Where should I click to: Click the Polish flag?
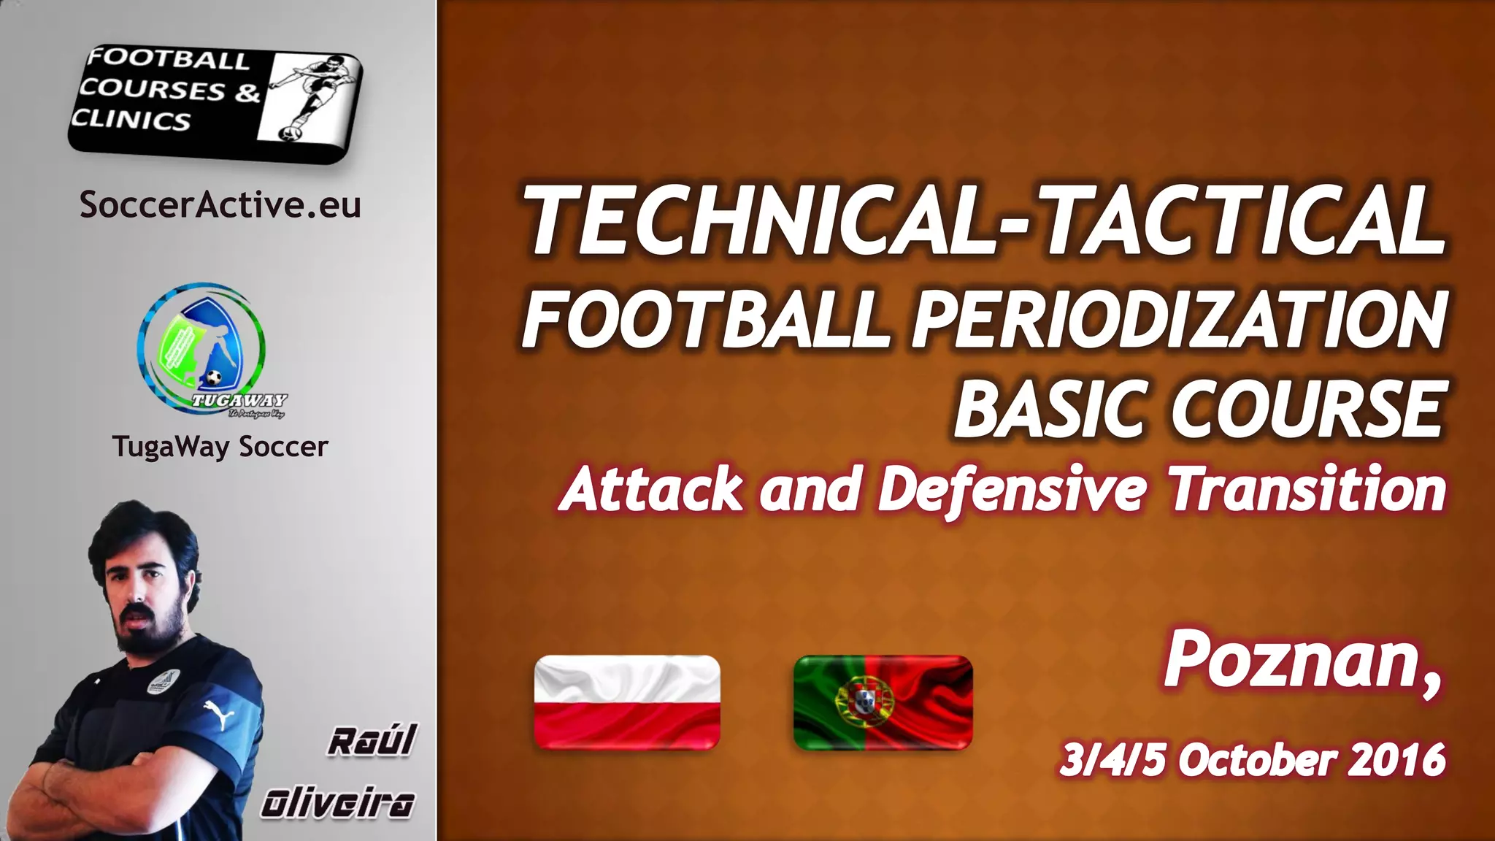627,702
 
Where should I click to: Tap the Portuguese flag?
883,702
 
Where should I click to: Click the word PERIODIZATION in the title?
1179,319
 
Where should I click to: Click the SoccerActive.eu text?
220,204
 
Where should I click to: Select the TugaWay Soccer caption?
220,446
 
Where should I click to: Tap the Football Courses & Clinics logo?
215,100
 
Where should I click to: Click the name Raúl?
372,741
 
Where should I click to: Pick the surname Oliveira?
338,804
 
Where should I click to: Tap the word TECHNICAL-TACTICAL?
984,219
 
